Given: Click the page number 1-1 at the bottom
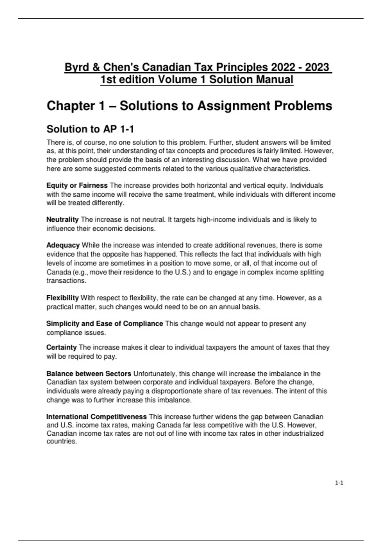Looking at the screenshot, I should pyautogui.click(x=339, y=483).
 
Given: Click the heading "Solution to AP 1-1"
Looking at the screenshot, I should pyautogui.click(x=90, y=129).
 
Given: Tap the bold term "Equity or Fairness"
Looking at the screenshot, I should pyautogui.click(x=77, y=186).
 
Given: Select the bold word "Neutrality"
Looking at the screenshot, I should pyautogui.click(x=62, y=220).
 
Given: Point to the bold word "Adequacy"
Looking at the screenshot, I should pyautogui.click(x=63, y=245).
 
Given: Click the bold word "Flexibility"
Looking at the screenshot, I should pyautogui.click(x=62, y=298).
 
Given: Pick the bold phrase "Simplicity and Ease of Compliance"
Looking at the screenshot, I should pyautogui.click(x=104, y=324).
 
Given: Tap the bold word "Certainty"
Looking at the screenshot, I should pyautogui.click(x=61, y=347).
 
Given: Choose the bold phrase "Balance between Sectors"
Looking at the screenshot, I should pyautogui.click(x=89, y=374).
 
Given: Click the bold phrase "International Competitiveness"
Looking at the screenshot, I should pyautogui.click(x=96, y=417).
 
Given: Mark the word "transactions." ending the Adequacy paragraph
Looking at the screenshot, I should pyautogui.click(x=67, y=281).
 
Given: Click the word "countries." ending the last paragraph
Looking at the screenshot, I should pyautogui.click(x=62, y=441).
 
